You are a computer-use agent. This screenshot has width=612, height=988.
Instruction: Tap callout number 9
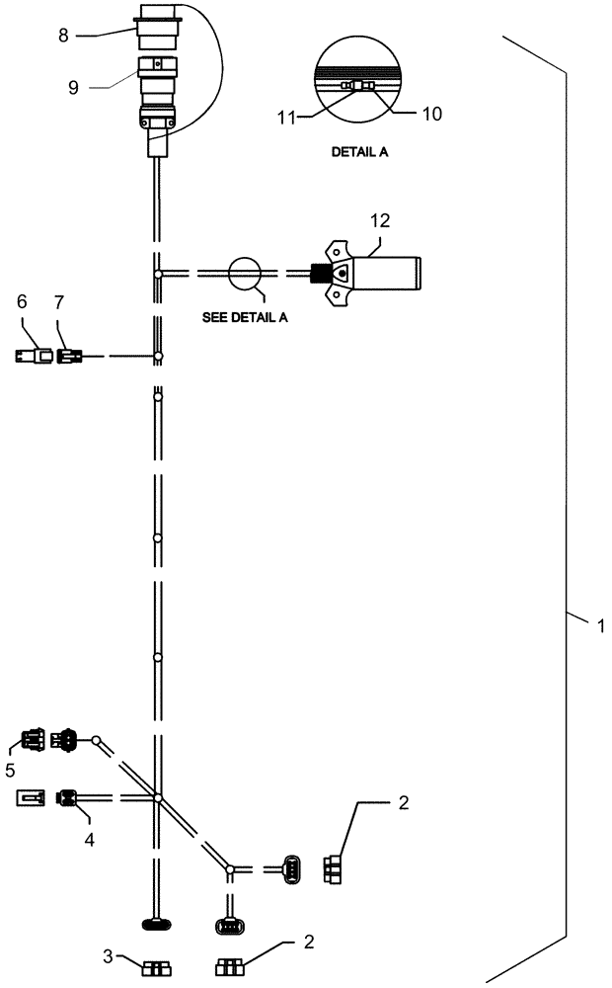click(x=74, y=87)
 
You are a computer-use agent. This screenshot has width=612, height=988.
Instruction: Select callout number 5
click(x=11, y=768)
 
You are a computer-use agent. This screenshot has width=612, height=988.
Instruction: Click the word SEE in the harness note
click(x=216, y=318)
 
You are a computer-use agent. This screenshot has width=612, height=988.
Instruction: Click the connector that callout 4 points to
click(x=69, y=796)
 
